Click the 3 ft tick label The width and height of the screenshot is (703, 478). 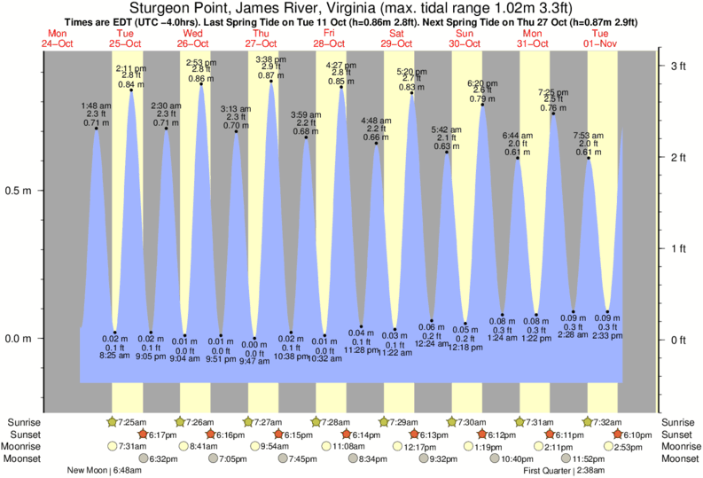click(x=678, y=67)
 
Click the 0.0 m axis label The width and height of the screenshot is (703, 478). click(x=19, y=338)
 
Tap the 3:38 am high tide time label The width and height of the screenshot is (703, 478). click(x=269, y=59)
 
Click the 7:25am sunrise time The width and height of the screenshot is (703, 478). click(x=132, y=421)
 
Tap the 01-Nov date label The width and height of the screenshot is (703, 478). click(x=601, y=42)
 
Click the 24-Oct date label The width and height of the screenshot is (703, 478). click(x=58, y=42)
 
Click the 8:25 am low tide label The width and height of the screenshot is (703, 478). click(x=115, y=356)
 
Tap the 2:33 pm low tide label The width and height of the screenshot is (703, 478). click(x=607, y=337)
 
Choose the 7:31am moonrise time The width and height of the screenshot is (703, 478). click(x=132, y=446)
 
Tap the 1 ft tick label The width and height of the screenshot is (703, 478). click(x=678, y=248)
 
